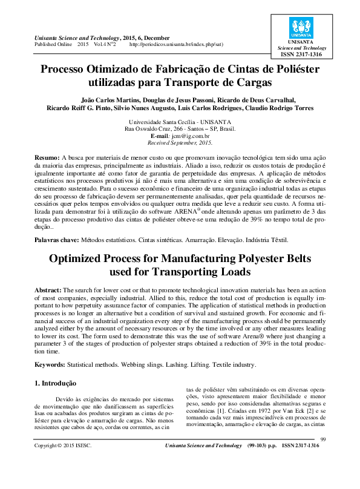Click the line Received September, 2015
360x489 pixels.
click(x=180, y=143)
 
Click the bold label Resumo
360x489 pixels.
click(x=47, y=156)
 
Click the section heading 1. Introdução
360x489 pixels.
click(x=56, y=382)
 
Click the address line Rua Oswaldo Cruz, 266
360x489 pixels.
click(x=180, y=129)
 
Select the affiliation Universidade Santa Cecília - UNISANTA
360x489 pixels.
click(x=180, y=122)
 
